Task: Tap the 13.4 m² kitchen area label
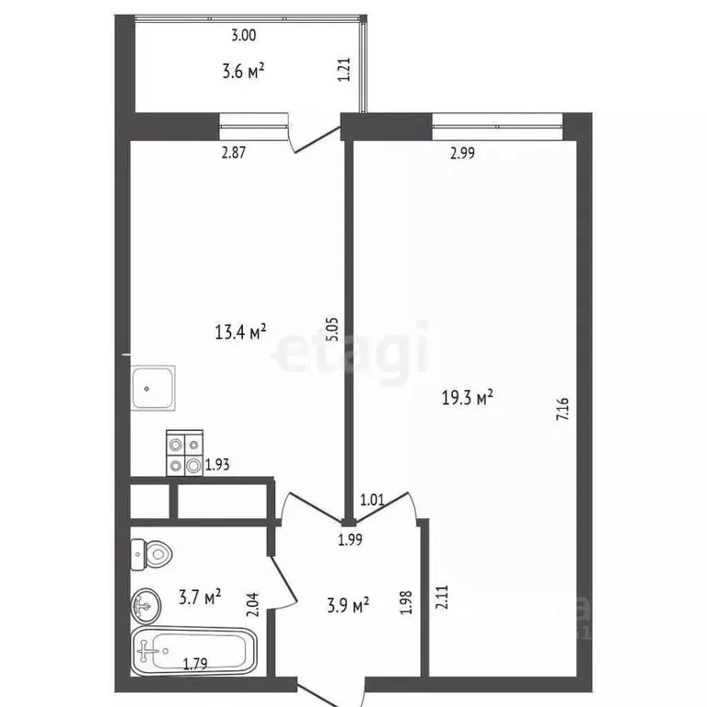(240, 330)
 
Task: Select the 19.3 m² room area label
(468, 398)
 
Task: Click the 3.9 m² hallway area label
(350, 605)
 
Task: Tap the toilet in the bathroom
(152, 553)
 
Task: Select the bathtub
(195, 651)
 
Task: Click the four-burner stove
(184, 454)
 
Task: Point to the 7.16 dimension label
(562, 408)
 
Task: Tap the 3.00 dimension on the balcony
(243, 36)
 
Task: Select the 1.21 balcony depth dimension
(344, 71)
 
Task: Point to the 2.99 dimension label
(462, 154)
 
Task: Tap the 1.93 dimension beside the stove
(217, 466)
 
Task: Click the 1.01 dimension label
(372, 501)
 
